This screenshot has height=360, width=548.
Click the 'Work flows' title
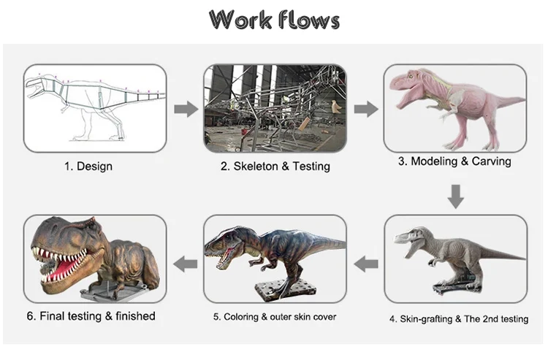coord(274,20)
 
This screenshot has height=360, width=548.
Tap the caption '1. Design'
coord(88,166)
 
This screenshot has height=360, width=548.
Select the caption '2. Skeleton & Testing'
coord(275,166)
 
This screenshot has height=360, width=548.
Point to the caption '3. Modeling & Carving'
coord(454,161)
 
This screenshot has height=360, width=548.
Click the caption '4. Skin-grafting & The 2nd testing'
coord(458,319)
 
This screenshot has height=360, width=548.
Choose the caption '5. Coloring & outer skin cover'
coord(274,316)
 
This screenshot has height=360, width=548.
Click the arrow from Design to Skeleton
coord(186,110)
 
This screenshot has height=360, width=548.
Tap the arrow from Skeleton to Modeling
coord(366,110)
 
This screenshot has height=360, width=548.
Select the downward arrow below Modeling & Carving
coord(456,196)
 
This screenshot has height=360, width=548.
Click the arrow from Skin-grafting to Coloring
coord(366,263)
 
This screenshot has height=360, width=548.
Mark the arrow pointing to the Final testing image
coord(186,263)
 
